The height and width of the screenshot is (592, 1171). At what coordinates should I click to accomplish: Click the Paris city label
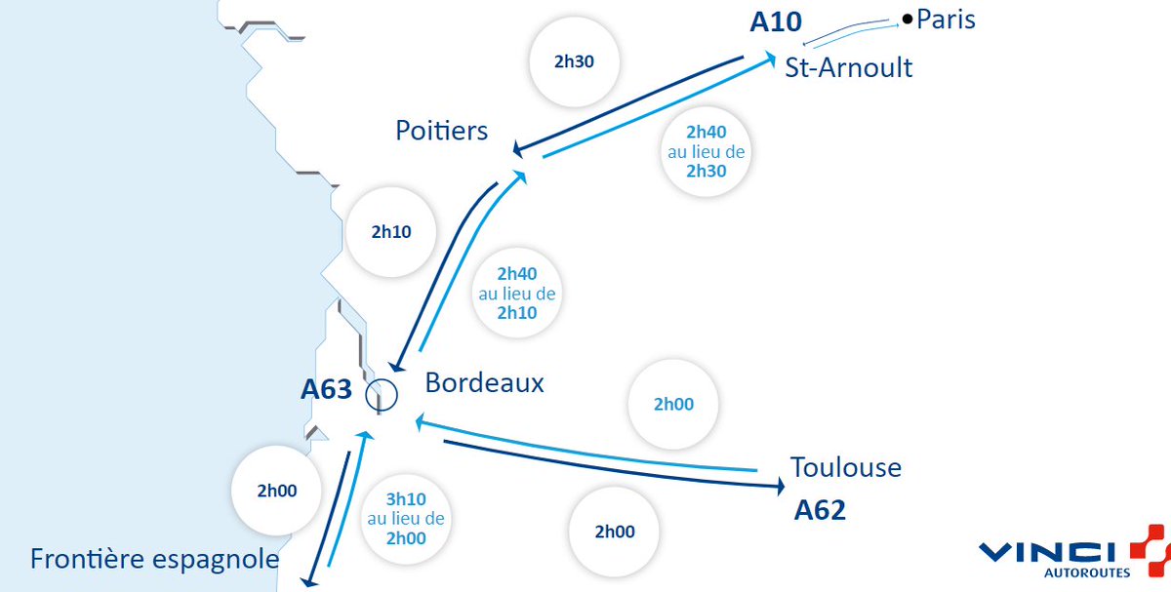tap(946, 20)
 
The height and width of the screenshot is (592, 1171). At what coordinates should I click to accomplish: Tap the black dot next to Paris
tap(908, 19)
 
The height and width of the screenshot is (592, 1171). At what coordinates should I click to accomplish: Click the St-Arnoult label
tap(848, 67)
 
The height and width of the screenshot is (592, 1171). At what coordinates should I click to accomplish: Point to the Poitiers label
tap(441, 131)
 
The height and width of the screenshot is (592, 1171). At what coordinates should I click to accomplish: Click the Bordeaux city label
tap(484, 383)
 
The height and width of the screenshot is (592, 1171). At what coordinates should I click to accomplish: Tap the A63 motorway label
tap(326, 389)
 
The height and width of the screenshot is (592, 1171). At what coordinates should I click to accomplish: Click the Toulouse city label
tap(845, 467)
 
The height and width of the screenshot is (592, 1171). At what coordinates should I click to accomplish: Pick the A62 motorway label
tap(820, 510)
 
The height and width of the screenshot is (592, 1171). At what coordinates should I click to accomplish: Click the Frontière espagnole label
tap(154, 559)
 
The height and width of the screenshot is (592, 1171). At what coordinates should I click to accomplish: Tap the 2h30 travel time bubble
tap(574, 61)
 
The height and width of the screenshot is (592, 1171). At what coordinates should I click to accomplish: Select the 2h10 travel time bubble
tap(391, 232)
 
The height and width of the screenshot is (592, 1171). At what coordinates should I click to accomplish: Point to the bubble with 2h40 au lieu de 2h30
tap(707, 152)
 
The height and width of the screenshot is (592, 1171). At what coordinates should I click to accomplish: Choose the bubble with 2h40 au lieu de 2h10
tap(517, 293)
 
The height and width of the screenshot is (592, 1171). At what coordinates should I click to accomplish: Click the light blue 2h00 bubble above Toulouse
tap(673, 404)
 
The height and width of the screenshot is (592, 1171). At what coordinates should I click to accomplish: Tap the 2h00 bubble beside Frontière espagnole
tap(276, 491)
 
